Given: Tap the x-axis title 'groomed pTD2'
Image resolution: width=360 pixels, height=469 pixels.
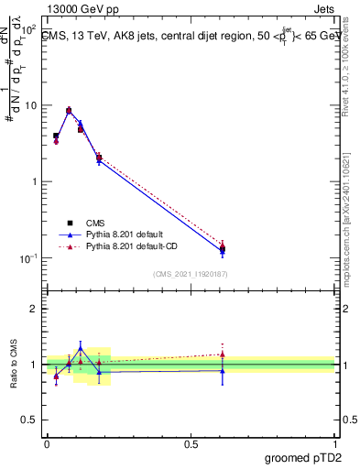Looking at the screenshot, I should (302, 457).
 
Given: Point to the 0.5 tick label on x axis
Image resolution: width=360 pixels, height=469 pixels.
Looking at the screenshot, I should (191, 443).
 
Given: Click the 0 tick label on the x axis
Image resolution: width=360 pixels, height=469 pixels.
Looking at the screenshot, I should (46, 443).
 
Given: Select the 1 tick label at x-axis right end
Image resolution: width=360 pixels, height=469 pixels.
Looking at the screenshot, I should (334, 443).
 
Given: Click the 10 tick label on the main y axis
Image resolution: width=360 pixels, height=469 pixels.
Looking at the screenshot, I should (30, 105).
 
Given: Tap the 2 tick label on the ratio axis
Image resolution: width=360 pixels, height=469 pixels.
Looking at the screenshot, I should (35, 309).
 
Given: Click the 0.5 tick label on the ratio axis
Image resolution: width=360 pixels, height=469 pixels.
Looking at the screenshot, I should (31, 420).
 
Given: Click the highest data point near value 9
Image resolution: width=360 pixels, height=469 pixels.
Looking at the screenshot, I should (69, 110).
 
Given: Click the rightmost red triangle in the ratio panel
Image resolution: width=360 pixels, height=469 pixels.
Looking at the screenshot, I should (222, 354).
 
